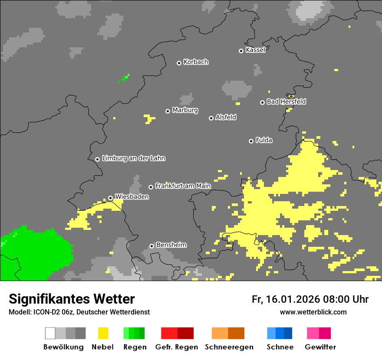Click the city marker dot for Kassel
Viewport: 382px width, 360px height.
241,51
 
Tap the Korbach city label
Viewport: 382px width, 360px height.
196,62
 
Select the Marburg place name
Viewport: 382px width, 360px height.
185,110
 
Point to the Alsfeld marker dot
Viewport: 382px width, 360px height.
211,118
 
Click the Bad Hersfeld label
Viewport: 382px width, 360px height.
286,101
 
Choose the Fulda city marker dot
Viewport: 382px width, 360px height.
251,141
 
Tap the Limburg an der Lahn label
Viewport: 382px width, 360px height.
133,158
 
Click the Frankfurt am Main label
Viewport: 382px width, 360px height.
183,186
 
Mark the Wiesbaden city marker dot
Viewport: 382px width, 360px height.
111,198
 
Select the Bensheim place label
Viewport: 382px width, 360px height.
171,245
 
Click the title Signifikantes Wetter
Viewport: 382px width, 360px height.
72,299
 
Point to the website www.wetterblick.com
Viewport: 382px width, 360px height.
313,312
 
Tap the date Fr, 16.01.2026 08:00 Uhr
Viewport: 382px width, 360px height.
310,299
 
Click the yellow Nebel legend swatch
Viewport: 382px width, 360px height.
103,333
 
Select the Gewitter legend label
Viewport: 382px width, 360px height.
320,347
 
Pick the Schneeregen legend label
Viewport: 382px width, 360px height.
229,347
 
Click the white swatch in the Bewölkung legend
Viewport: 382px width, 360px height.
50,333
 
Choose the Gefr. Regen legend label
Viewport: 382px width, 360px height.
176,347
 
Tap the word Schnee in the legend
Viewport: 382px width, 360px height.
280,347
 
